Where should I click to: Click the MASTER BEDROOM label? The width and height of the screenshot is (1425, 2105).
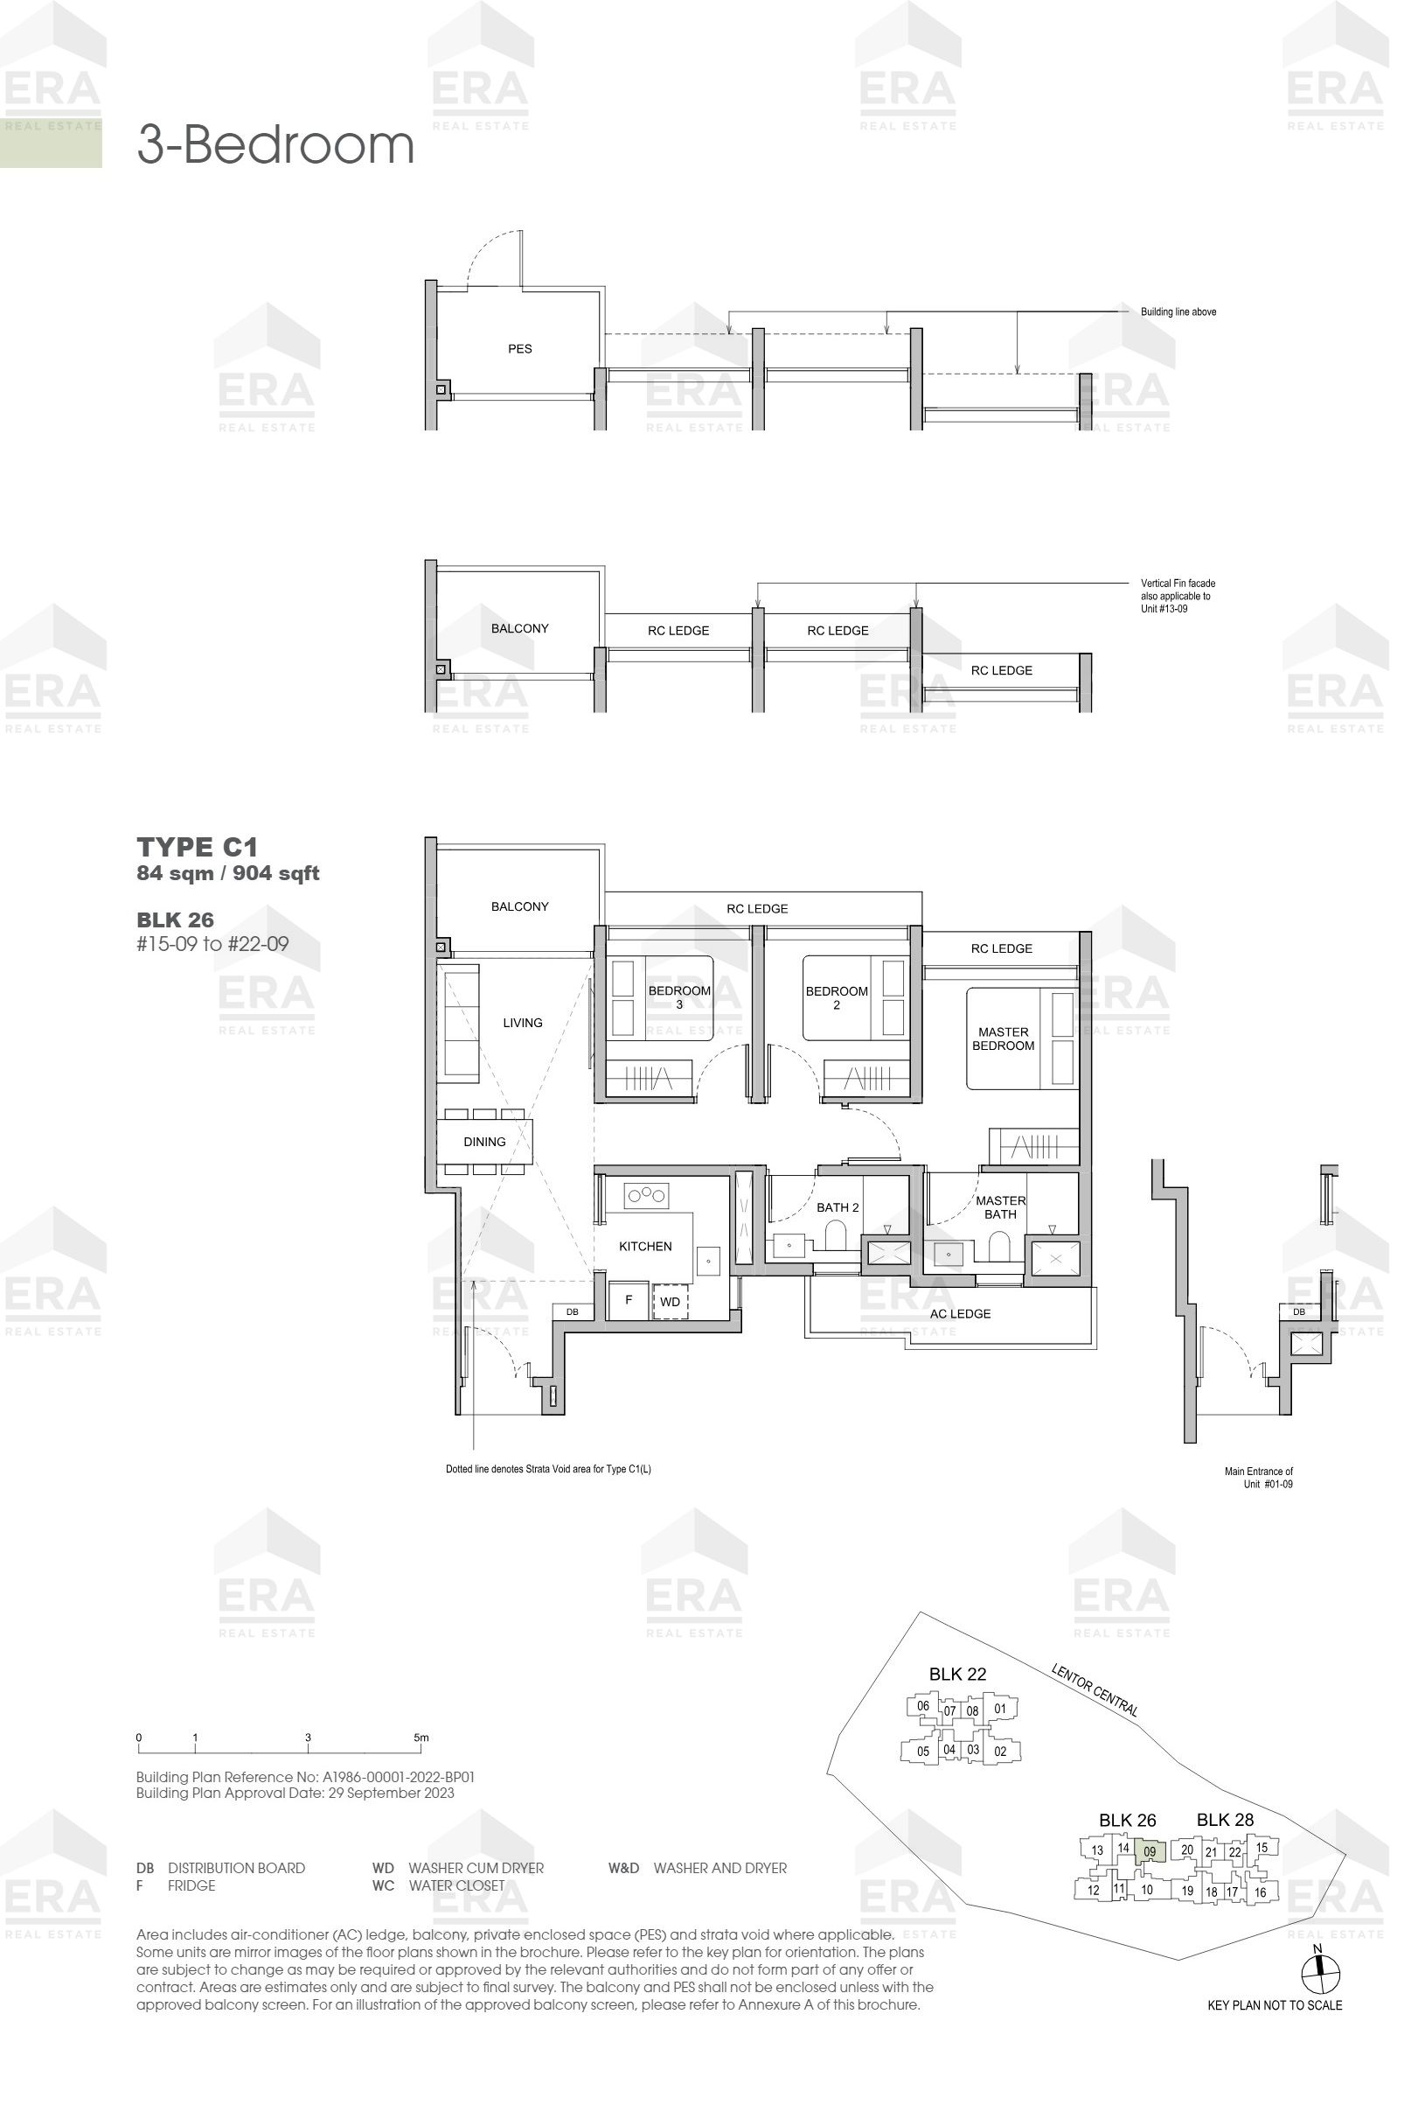pos(1002,1038)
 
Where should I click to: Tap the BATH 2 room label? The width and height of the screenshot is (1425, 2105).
pos(838,1206)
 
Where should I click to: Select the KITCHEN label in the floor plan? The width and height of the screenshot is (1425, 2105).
pos(644,1246)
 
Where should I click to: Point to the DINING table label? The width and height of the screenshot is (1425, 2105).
pos(484,1141)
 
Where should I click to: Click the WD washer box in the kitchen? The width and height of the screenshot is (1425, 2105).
pos(670,1301)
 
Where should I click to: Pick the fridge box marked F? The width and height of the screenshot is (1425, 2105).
pos(629,1299)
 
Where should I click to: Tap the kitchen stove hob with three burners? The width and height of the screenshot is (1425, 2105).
pos(646,1196)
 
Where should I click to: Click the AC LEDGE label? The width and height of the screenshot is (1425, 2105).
pos(960,1313)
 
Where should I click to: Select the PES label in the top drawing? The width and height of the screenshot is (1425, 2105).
pos(519,349)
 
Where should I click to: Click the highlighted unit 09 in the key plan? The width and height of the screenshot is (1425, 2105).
pos(1149,1851)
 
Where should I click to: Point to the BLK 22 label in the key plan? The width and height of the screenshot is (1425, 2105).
pos(957,1674)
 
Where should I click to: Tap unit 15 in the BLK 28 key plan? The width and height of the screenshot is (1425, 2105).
pos(1262,1847)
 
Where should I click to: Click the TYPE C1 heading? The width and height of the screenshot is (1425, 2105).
pos(198,847)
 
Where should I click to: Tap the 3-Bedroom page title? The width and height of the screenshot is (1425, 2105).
pos(275,145)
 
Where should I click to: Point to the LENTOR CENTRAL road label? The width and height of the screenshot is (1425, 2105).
pos(1095,1689)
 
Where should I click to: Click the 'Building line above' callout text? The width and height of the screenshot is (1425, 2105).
pos(1178,311)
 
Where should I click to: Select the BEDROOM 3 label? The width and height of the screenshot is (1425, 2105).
pos(679,997)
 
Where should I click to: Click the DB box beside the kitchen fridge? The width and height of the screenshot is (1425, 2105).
pos(572,1311)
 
